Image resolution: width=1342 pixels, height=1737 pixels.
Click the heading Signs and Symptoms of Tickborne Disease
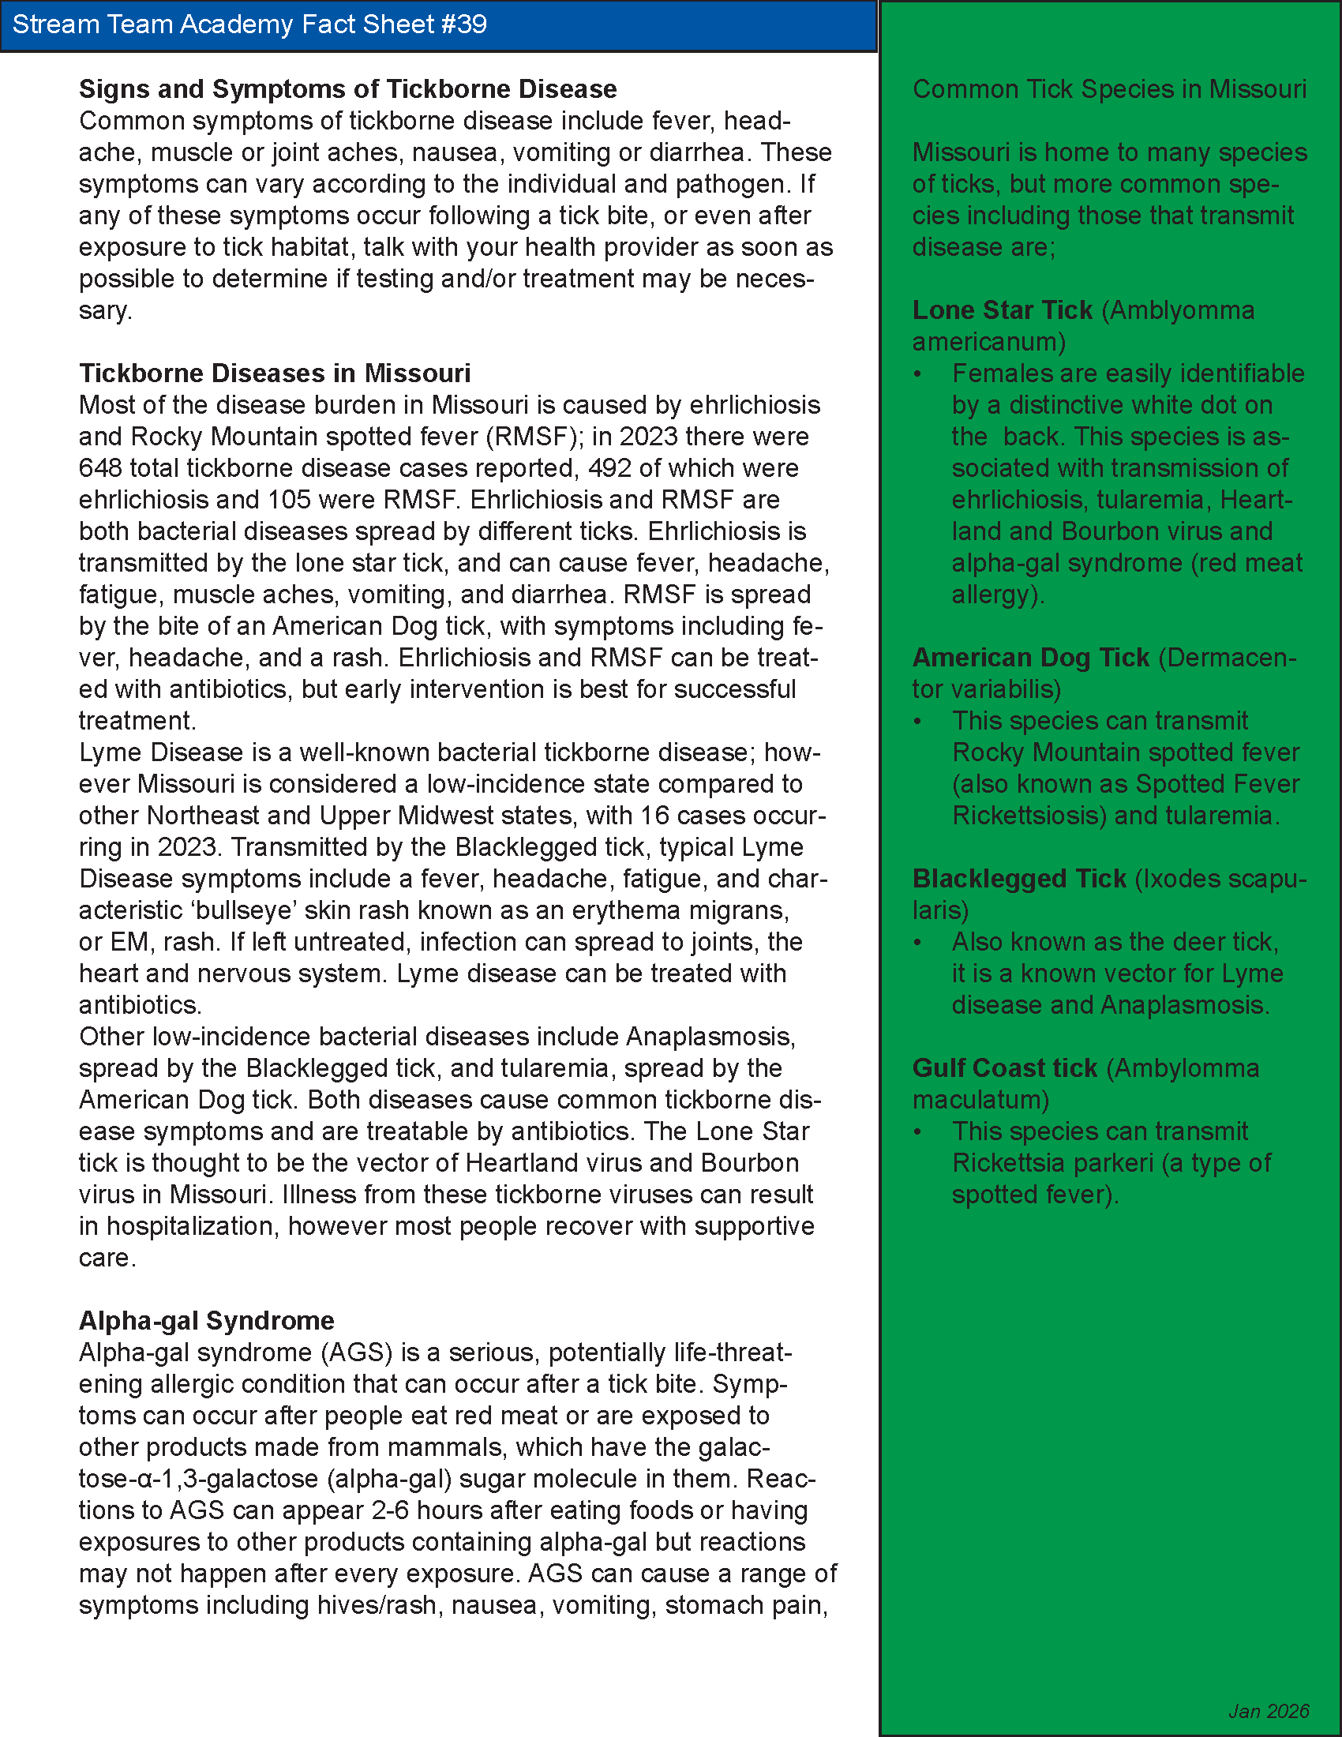click(x=347, y=89)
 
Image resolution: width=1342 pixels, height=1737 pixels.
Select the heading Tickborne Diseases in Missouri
click(x=274, y=373)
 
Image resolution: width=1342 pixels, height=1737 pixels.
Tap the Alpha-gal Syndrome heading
click(x=206, y=1320)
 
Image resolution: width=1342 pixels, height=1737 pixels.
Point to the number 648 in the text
click(x=98, y=467)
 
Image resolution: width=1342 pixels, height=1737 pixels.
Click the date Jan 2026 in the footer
click(x=1269, y=1711)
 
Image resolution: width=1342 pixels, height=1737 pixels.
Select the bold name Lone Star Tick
click(x=1002, y=310)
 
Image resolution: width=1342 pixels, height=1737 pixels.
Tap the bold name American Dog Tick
click(x=1030, y=658)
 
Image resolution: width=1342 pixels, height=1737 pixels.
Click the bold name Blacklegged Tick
click(x=1018, y=879)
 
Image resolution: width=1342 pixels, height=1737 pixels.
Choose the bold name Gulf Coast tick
click(x=1004, y=1068)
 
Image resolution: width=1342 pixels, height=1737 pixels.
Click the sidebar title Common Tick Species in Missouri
click(x=1109, y=89)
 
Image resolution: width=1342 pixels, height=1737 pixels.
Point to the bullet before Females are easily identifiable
click(x=918, y=374)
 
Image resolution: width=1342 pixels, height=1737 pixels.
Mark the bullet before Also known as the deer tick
click(x=918, y=944)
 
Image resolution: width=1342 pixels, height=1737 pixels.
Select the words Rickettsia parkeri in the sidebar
click(x=1051, y=1163)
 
